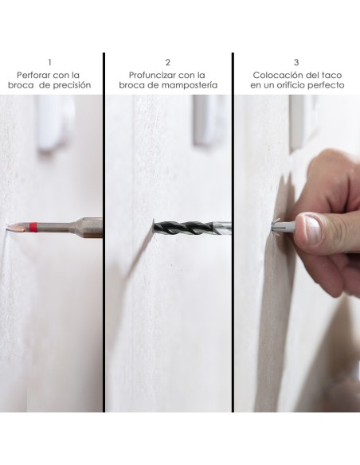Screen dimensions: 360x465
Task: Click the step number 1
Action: tap(49, 63)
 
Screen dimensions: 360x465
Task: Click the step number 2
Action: tap(168, 63)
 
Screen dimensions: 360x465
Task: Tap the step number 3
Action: tap(296, 63)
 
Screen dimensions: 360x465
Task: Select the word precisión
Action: tap(72, 85)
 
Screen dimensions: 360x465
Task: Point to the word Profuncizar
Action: tap(153, 75)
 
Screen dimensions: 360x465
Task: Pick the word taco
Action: tap(331, 75)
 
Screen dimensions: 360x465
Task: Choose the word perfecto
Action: tap(326, 85)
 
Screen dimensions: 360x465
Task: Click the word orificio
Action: tap(291, 85)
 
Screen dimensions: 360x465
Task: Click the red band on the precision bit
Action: tap(33, 227)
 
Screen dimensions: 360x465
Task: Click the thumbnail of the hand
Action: tap(312, 229)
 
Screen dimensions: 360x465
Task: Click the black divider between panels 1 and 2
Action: tap(104, 232)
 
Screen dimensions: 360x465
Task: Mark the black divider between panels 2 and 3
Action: tap(233, 232)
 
